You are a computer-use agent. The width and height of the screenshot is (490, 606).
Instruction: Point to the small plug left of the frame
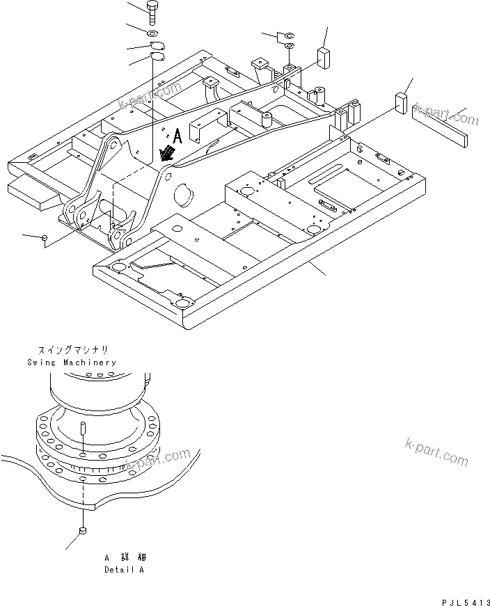click(x=45, y=239)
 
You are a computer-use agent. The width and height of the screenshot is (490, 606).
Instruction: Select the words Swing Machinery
click(x=72, y=362)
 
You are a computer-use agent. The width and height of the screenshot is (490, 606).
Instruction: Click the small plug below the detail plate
click(x=82, y=532)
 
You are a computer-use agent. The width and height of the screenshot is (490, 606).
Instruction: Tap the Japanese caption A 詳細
click(x=126, y=558)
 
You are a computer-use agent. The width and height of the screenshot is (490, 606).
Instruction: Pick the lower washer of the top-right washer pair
click(x=290, y=47)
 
